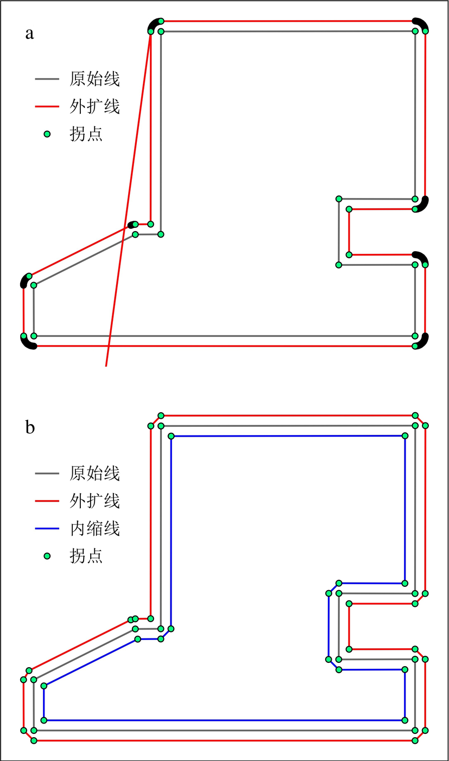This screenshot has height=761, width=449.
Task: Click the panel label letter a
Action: (29, 34)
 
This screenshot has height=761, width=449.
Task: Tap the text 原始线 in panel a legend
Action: (94, 80)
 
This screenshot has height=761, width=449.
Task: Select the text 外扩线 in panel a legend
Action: (94, 107)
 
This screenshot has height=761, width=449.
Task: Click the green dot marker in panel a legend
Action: (47, 134)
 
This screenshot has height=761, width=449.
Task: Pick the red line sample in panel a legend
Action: (47, 107)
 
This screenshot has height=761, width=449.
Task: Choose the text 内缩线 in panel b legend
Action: (94, 528)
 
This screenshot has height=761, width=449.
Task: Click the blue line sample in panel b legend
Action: (47, 528)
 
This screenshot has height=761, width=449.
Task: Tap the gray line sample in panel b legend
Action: (47, 474)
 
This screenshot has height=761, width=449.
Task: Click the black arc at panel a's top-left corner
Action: (154, 24)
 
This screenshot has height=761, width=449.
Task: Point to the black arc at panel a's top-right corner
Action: (421, 23)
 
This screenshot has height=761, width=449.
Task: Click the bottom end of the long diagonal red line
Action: (106, 366)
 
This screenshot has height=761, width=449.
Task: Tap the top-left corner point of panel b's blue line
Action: (171, 436)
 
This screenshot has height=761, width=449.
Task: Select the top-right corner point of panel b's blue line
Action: (404, 436)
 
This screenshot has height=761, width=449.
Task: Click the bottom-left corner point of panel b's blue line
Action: (44, 720)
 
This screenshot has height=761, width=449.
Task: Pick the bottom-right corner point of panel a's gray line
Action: (415, 336)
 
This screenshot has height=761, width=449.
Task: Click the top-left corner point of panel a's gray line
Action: (161, 31)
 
